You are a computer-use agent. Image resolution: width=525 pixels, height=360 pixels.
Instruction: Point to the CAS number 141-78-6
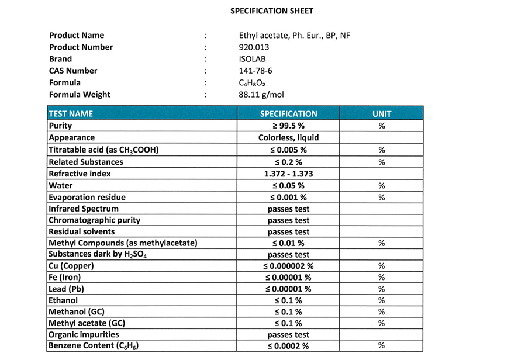point(252,71)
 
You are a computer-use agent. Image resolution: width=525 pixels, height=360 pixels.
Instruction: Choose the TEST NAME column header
point(71,114)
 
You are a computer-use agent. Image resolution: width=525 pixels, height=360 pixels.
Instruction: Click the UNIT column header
point(382,114)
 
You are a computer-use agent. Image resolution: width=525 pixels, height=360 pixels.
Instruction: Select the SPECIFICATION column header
point(288,114)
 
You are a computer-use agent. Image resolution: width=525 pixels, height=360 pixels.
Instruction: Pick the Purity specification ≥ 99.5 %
point(288,126)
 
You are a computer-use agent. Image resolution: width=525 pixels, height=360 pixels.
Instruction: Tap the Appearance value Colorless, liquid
point(288,138)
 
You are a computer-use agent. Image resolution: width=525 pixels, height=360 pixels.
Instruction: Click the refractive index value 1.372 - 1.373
point(288,174)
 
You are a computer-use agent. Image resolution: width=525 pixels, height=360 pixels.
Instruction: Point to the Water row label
point(61,185)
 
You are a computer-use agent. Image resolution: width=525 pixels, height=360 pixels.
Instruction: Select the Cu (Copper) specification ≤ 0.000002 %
point(288,266)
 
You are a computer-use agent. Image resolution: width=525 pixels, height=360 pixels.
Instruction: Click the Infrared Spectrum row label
point(84,209)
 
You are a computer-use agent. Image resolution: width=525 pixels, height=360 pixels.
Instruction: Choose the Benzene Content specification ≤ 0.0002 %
point(288,347)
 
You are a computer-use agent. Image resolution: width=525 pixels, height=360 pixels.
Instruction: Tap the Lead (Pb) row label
point(67,289)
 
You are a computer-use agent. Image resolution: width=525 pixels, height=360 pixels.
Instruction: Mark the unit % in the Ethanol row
point(382,300)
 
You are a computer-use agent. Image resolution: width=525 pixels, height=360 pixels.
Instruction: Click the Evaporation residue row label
point(87,198)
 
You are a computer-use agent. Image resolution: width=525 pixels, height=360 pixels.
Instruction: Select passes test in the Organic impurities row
point(288,335)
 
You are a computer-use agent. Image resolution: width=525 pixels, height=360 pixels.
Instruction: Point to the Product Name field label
point(77,36)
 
